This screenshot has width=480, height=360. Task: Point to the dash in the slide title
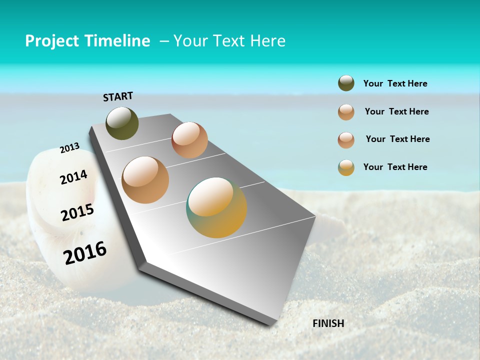pos(164,41)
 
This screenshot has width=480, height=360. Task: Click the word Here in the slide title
pos(267,41)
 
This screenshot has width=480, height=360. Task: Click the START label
pos(118,96)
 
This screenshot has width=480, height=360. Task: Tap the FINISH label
pos(328,323)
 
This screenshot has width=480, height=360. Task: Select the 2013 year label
pos(69,148)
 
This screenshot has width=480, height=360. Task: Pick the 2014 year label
pos(73,177)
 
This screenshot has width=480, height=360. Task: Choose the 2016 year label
pos(85,253)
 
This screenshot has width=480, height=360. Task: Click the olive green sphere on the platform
pos(122,123)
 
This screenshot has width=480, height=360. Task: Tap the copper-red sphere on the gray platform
pos(189,140)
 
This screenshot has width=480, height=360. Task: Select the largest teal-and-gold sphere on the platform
pos(216,207)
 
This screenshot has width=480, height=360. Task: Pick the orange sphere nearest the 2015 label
pos(145,180)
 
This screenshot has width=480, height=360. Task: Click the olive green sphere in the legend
pos(346,83)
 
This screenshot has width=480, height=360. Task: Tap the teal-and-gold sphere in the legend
pos(346,167)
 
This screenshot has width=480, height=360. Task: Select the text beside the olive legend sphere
pos(395,84)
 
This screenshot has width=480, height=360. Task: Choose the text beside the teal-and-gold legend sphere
pos(395,167)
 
